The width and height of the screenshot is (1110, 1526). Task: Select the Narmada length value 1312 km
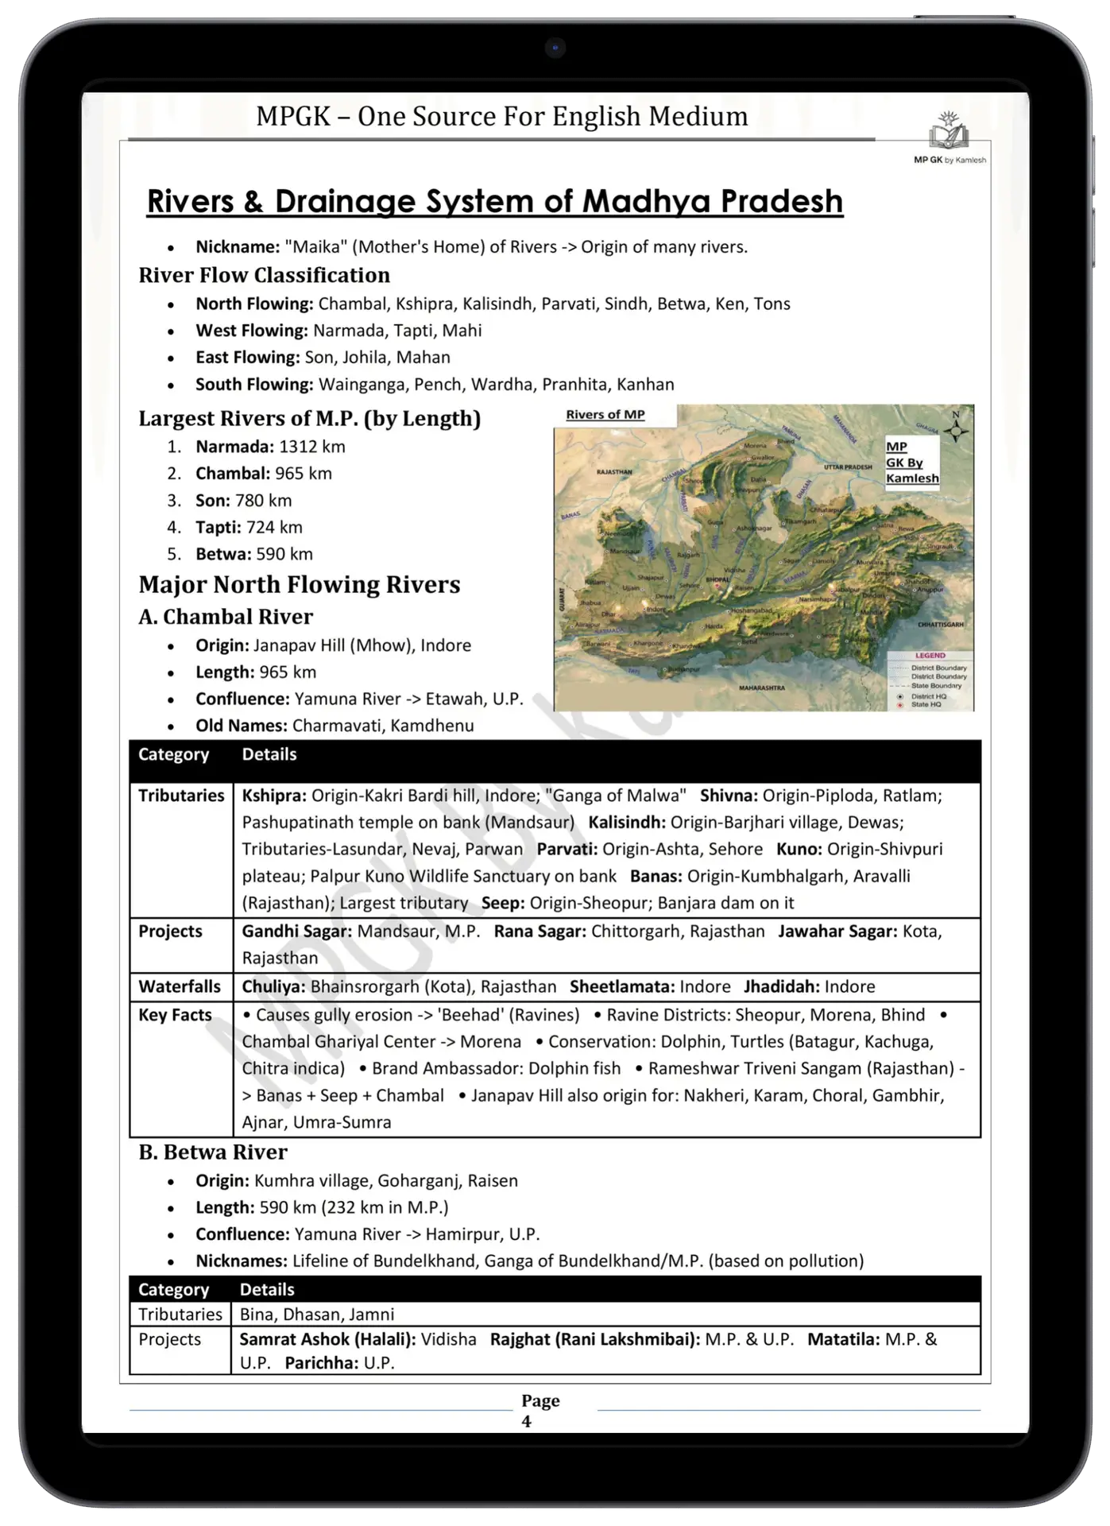(311, 447)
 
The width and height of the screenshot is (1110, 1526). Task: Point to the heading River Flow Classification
(264, 276)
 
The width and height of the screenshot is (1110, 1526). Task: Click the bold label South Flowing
(254, 385)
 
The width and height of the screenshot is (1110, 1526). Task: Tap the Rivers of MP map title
(605, 415)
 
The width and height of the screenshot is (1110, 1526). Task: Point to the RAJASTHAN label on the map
(613, 472)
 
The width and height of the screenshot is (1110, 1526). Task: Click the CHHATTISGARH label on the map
(940, 625)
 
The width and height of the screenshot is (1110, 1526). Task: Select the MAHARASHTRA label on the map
(761, 687)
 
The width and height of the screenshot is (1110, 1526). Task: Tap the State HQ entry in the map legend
(926, 704)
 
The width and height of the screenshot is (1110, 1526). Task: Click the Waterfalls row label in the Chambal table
(180, 987)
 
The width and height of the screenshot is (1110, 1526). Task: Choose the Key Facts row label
(175, 1016)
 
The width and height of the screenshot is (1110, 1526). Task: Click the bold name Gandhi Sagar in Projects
(297, 931)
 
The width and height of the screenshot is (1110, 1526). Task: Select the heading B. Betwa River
(213, 1152)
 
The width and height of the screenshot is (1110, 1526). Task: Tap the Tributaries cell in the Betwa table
(180, 1315)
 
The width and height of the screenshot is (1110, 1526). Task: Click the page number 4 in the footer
(526, 1422)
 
